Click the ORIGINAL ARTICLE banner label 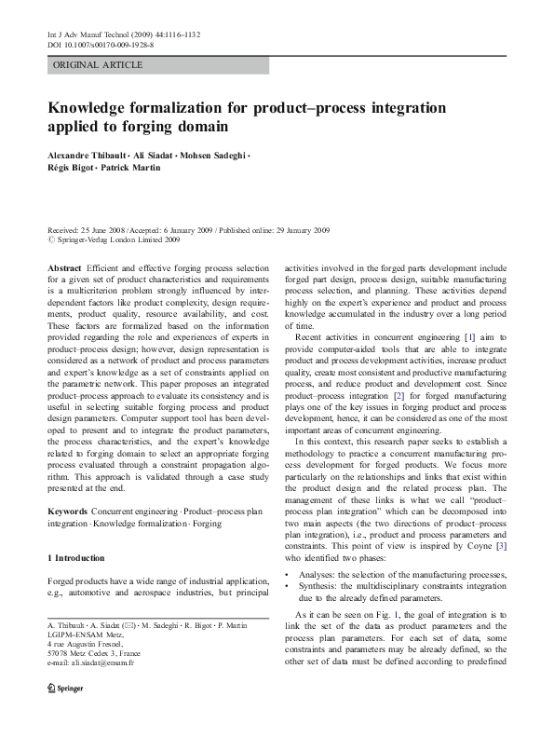point(98,64)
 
